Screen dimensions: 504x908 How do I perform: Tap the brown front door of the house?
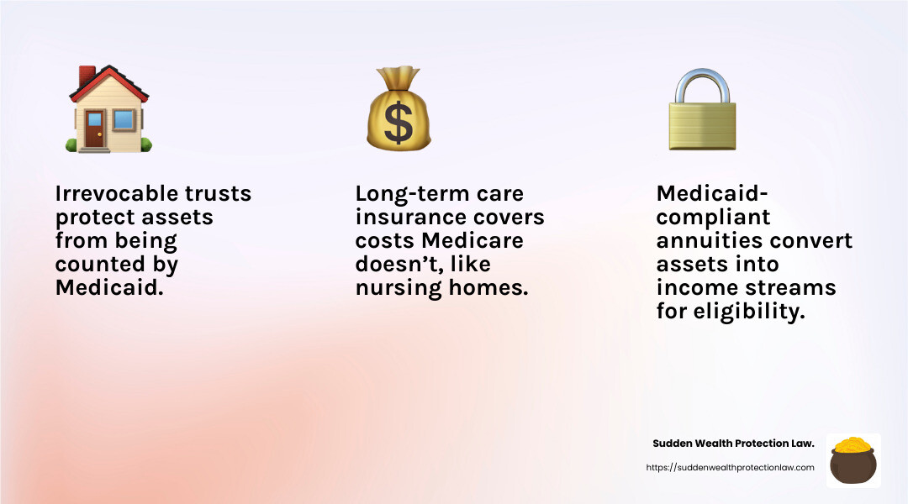[95, 129]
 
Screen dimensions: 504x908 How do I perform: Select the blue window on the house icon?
[124, 120]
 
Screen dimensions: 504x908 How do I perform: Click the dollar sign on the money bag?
[398, 122]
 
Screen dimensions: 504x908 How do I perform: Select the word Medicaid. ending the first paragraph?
[97, 288]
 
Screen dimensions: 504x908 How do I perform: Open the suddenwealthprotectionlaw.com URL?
[730, 468]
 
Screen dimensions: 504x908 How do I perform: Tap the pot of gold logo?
[853, 460]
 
